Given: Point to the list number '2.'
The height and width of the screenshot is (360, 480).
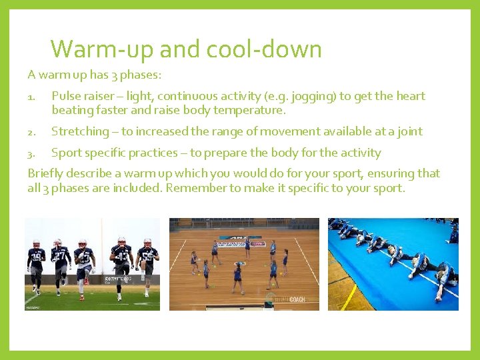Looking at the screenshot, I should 32,132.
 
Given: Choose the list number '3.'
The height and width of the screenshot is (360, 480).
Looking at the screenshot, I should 32,153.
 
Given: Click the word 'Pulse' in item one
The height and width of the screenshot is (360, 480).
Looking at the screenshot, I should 66,96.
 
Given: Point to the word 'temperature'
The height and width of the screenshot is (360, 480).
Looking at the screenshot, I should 247,110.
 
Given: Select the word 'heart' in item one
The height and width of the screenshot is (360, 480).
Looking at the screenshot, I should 409,96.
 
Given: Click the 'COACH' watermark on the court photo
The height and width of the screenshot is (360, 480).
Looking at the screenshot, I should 293,299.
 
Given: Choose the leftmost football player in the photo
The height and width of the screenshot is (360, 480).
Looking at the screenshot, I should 36,265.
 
